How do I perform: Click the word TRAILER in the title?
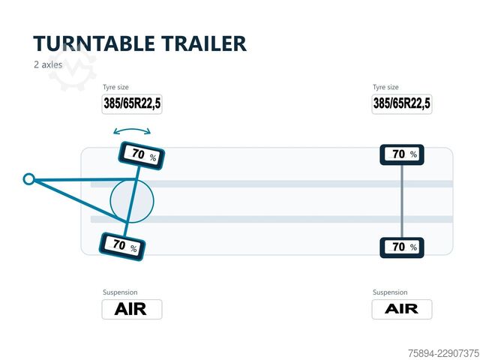click(x=204, y=43)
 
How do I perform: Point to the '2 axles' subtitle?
click(x=48, y=64)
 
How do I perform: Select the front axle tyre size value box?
click(x=132, y=104)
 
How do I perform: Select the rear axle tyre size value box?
click(x=402, y=104)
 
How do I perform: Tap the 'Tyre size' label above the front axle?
click(x=115, y=87)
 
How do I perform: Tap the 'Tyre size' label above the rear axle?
click(x=385, y=87)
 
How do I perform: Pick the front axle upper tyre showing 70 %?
click(x=142, y=155)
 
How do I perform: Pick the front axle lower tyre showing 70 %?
click(x=122, y=247)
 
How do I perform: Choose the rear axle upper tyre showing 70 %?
click(x=402, y=155)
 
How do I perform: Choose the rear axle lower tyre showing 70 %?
click(x=402, y=247)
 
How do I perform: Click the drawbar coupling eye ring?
click(x=28, y=179)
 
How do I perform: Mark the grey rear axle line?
click(x=402, y=201)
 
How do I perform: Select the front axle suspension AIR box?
click(x=132, y=309)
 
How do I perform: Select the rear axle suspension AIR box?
click(x=402, y=309)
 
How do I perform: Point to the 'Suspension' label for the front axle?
click(x=120, y=292)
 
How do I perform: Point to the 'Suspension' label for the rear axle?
click(x=390, y=292)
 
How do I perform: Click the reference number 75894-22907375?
click(x=443, y=353)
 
